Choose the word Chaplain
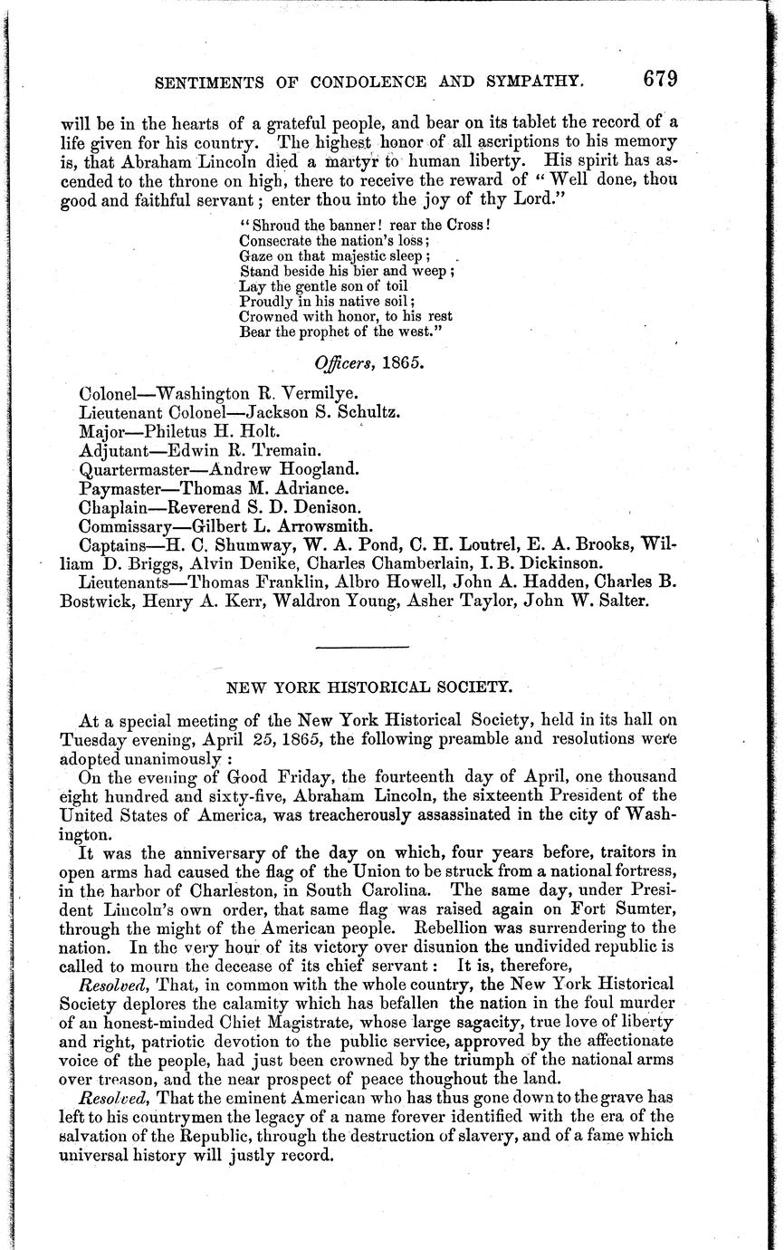pos(111,507)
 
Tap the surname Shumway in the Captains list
pos(244,545)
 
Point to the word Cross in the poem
pos(465,224)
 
